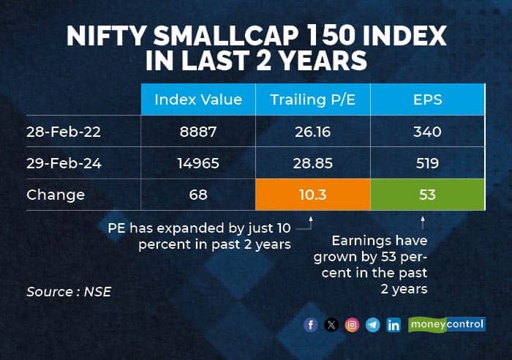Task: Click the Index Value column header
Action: [x=198, y=100]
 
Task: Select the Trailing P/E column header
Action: [x=312, y=100]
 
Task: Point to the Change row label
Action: [x=56, y=195]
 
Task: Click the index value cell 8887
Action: [x=197, y=132]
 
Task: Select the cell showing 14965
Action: [x=197, y=163]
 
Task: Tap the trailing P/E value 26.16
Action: [x=312, y=132]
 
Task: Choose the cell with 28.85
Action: [x=312, y=163]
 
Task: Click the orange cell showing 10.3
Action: [x=312, y=195]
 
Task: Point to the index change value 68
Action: [x=197, y=195]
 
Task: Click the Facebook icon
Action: [x=311, y=325]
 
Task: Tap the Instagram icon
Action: [x=352, y=325]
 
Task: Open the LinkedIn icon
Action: [x=394, y=325]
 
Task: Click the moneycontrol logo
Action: [x=447, y=324]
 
